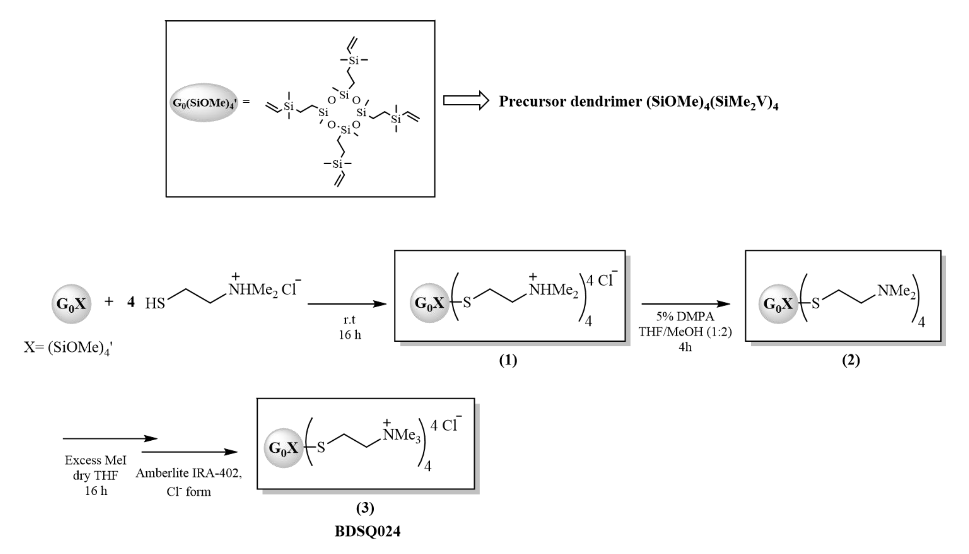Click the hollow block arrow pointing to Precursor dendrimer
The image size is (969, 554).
coord(466,101)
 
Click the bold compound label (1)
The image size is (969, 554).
coord(508,360)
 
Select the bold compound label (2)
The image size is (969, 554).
coord(851,360)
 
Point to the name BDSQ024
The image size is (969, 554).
coord(368,531)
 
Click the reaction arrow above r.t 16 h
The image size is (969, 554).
coord(347,304)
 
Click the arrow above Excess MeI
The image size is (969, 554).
coord(110,439)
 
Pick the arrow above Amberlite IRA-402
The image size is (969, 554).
coord(190,452)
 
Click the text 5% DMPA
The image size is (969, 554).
coord(685,317)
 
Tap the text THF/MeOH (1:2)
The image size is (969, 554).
coord(685,332)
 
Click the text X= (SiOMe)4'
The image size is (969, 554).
coord(68,348)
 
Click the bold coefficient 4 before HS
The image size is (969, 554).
coord(131,302)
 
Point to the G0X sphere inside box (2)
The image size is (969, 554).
coord(778,304)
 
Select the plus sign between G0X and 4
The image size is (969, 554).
coord(109,302)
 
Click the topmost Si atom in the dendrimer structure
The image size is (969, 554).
coord(354,60)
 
